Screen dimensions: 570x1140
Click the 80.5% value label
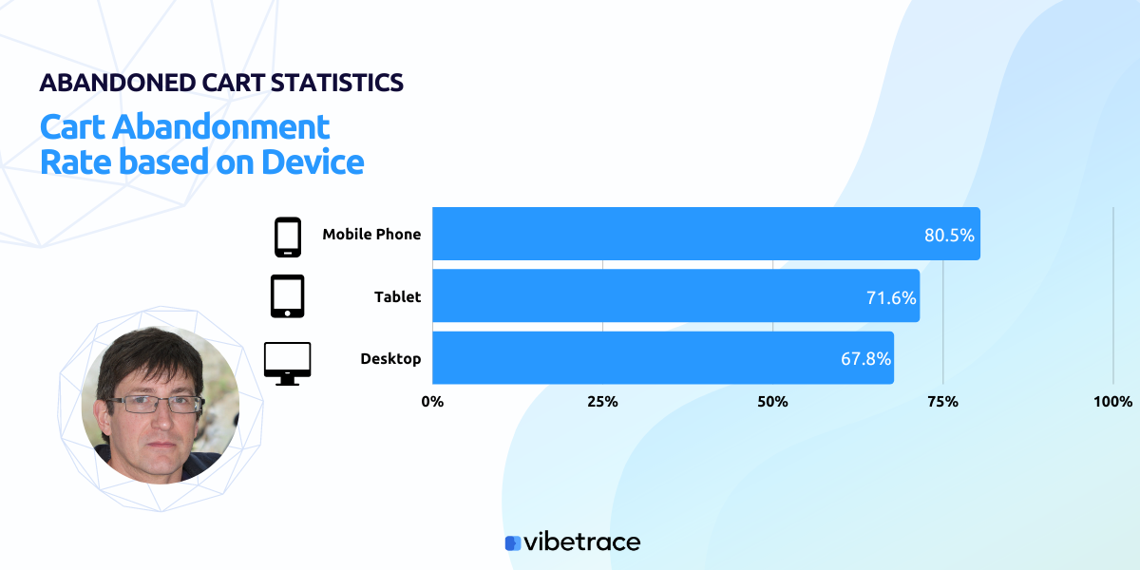(949, 236)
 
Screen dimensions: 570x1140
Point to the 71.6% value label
(890, 298)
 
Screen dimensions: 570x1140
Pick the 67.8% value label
(864, 359)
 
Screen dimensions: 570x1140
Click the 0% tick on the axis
(432, 402)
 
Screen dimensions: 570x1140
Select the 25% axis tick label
(602, 402)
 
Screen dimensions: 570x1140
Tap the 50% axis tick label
(772, 402)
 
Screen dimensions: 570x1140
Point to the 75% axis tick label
(942, 402)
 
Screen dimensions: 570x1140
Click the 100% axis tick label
(1112, 402)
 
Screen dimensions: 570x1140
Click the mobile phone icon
(288, 237)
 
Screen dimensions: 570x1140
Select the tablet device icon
(288, 296)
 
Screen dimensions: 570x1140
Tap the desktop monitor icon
(287, 363)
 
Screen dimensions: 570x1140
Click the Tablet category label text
(397, 297)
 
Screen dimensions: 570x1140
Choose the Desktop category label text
(390, 359)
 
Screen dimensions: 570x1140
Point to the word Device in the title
(313, 162)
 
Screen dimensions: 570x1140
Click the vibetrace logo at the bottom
(572, 542)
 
